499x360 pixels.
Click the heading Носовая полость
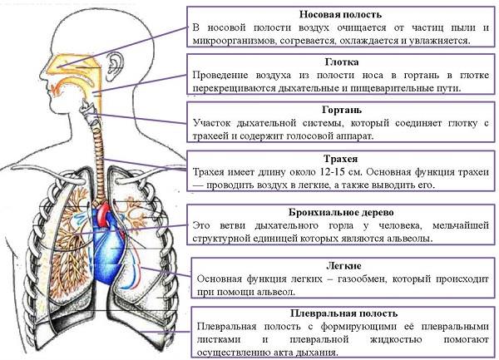(340, 15)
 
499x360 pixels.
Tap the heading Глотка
(342, 62)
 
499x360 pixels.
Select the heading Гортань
(342, 110)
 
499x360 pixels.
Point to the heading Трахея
(340, 158)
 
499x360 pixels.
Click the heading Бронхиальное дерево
(341, 212)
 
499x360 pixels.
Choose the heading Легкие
(343, 265)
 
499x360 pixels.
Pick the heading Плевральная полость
(343, 313)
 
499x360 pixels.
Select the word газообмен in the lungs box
(362, 279)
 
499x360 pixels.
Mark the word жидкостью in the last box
(396, 340)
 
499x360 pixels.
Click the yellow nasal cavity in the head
(72, 65)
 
